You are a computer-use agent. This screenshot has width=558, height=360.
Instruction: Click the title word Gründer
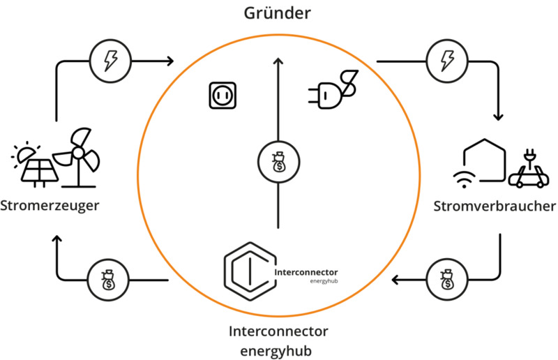coord(278,13)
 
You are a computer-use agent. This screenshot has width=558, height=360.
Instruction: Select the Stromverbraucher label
coord(495,207)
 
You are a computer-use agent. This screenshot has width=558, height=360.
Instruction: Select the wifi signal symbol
coord(462,179)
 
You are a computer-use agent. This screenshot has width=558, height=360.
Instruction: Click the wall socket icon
coord(221,96)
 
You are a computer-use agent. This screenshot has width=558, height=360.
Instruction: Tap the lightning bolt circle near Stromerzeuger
coord(110,61)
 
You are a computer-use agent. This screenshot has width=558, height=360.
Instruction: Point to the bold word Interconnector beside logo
coord(307,271)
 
